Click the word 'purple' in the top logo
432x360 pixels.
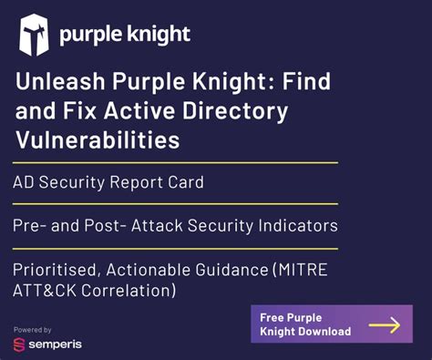pos(90,36)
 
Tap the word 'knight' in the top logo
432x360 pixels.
pos(157,35)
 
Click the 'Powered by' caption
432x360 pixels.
pos(32,329)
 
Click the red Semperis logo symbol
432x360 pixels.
pos(19,345)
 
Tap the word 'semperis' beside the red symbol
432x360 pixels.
pos(57,345)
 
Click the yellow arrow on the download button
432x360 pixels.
pos(383,324)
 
